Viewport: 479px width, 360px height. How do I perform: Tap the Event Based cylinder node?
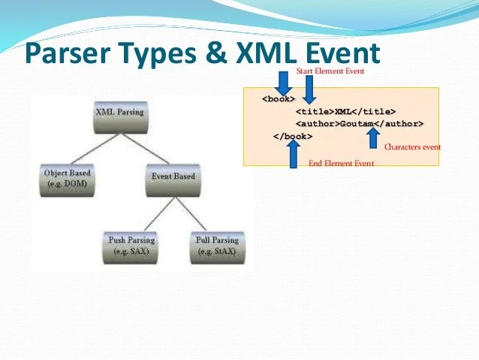click(173, 180)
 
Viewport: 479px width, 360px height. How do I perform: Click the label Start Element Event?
click(330, 71)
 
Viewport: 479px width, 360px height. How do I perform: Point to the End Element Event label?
click(341, 163)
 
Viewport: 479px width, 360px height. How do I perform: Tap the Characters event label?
click(412, 147)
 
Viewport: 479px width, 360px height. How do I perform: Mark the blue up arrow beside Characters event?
click(372, 138)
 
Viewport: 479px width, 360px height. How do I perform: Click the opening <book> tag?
click(278, 99)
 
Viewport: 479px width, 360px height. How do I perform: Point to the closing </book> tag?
click(293, 136)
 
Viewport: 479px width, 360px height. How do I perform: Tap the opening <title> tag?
click(315, 111)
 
